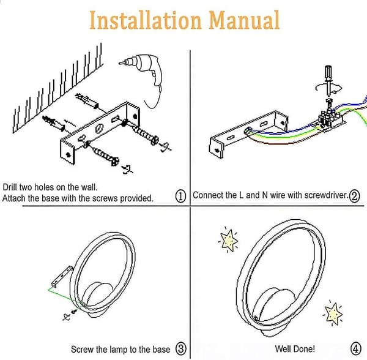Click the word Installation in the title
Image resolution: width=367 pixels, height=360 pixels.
146,20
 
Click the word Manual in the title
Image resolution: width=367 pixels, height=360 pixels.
244,20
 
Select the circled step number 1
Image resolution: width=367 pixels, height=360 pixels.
180,197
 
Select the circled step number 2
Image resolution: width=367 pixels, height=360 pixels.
354,197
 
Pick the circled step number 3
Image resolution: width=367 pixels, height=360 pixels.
181,348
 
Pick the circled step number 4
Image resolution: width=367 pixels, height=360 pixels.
355,348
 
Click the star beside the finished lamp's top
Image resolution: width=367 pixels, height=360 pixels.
228,241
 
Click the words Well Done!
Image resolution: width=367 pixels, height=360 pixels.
295,349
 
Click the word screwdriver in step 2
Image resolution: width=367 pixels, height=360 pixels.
327,195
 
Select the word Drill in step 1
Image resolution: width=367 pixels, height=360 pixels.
10,187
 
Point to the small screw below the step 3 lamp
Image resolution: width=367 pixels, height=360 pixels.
75,312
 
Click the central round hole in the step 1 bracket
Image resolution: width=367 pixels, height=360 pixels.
99,129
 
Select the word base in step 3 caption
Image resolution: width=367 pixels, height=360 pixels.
161,350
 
